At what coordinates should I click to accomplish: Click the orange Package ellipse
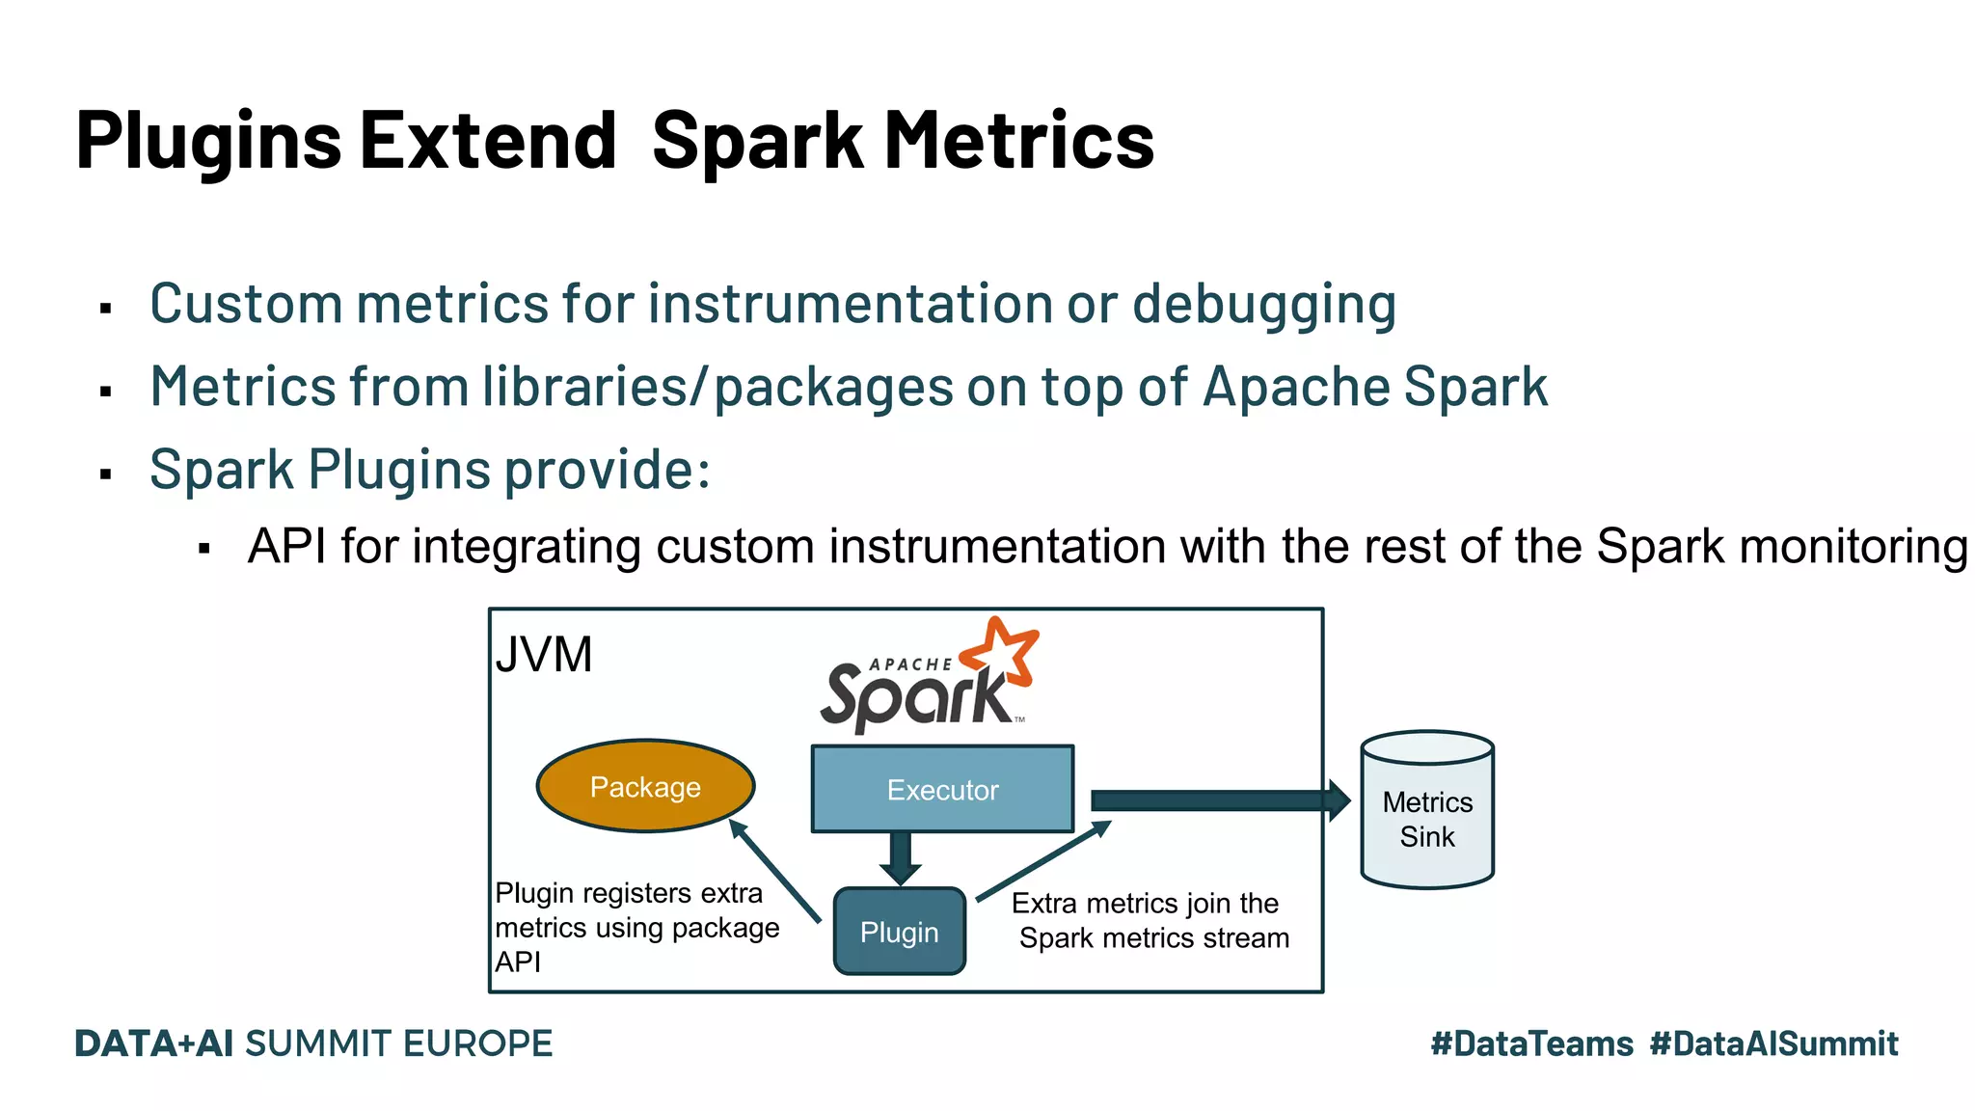tap(645, 786)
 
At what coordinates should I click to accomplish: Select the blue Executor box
tap(942, 789)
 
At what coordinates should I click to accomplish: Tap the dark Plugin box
tap(899, 932)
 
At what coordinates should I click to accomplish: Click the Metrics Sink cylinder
tap(1427, 810)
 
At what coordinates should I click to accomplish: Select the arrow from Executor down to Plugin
tap(901, 857)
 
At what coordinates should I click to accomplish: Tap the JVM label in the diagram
tap(544, 656)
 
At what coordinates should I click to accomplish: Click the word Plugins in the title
tap(208, 141)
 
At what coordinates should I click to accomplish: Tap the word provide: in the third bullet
tap(608, 471)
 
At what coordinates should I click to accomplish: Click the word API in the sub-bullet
tap(286, 547)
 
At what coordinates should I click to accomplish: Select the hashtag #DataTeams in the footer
tap(1531, 1043)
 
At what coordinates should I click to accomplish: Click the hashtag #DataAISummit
tap(1773, 1043)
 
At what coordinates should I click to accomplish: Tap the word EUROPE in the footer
tap(477, 1043)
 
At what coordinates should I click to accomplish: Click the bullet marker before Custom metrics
tap(106, 309)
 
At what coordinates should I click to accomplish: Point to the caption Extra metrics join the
tap(1145, 903)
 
